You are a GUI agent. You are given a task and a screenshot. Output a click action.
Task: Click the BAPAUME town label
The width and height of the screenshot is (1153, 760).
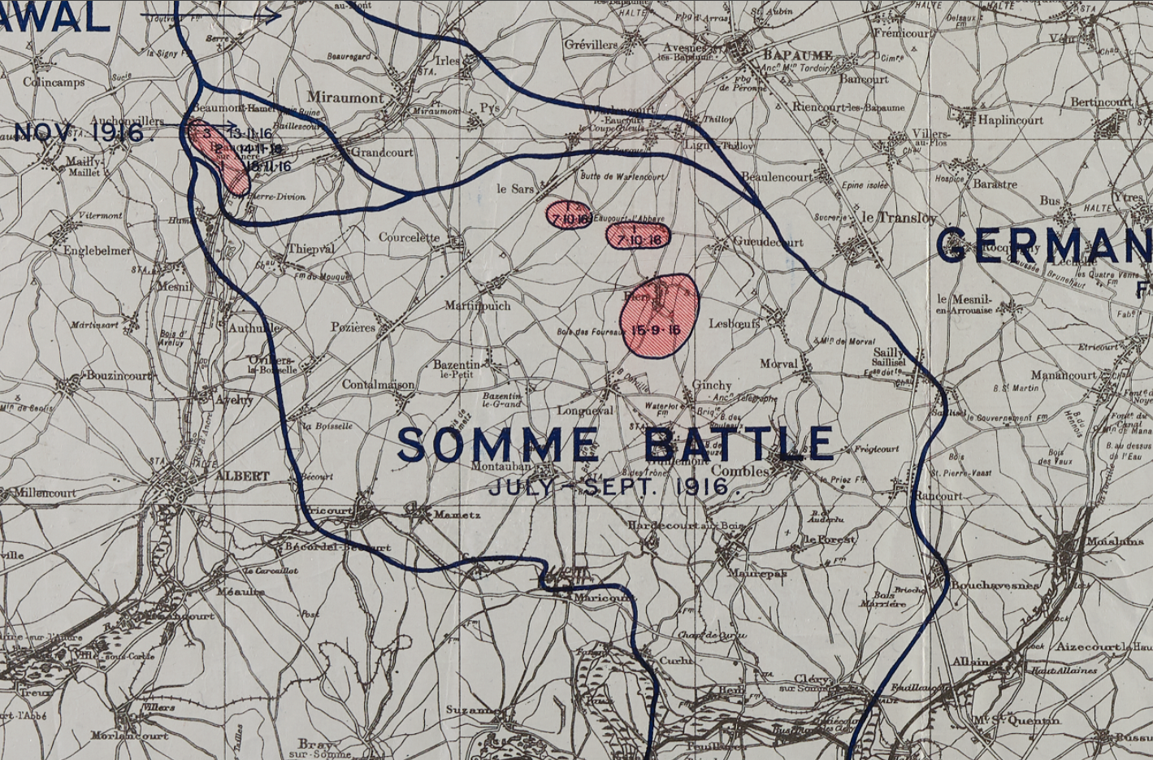point(797,55)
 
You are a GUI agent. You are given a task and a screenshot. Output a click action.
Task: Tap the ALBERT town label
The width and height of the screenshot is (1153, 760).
point(242,476)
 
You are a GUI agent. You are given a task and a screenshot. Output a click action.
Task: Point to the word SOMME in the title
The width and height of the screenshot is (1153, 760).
point(498,445)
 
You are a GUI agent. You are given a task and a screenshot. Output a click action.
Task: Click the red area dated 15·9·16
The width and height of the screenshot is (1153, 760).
point(659,317)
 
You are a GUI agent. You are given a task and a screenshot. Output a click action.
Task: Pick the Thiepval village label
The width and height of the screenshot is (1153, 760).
point(311,249)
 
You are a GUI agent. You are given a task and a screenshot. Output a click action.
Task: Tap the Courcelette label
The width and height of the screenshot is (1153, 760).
point(409,237)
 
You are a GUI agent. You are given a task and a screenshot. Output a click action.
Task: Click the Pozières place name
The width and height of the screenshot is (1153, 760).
point(353,328)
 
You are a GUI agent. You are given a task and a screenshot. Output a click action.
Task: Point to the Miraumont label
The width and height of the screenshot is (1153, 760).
point(346,98)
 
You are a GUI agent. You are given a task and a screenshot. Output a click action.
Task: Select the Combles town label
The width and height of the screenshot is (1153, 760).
point(739,471)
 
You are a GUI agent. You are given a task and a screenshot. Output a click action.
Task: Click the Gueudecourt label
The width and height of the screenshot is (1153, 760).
point(768,241)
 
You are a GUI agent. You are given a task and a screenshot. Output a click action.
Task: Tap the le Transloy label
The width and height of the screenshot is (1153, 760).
point(899,218)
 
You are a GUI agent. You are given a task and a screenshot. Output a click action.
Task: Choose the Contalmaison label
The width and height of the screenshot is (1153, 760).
point(379,384)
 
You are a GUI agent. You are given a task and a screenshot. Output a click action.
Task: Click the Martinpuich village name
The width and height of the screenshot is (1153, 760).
point(477,306)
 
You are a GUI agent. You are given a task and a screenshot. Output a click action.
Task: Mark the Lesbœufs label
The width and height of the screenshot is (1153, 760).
point(735,324)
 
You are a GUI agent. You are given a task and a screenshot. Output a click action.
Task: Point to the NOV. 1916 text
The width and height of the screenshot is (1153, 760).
point(79,132)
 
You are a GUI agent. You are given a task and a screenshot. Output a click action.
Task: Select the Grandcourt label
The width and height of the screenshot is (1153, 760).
point(382,152)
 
